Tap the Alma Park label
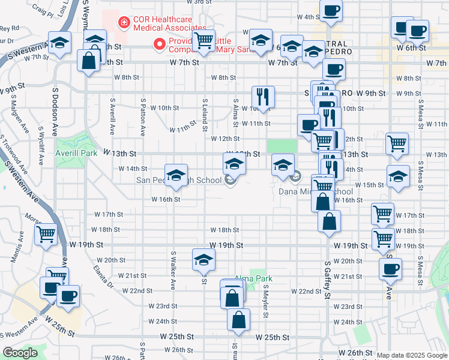pyautogui.click(x=254, y=278)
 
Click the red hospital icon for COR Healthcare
pyautogui.click(x=125, y=23)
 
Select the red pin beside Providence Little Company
pyautogui.click(x=160, y=43)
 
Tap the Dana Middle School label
pyautogui.click(x=316, y=191)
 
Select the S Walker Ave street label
pyautogui.click(x=172, y=271)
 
